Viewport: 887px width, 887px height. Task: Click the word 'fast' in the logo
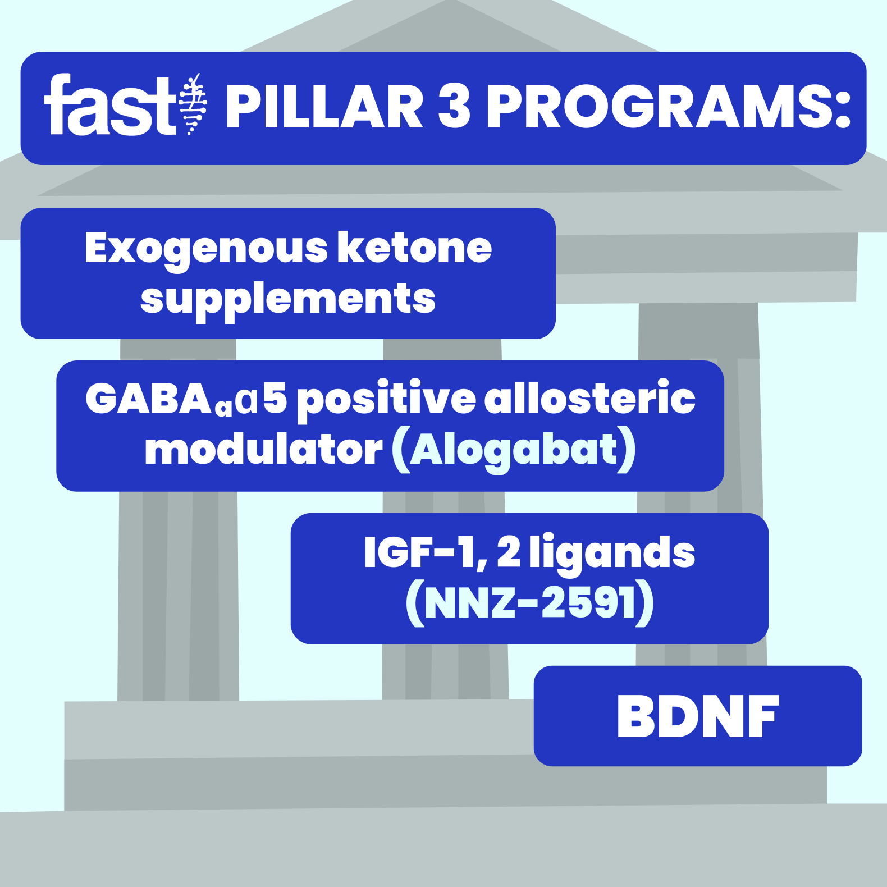click(x=110, y=107)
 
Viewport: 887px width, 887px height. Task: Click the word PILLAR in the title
click(x=324, y=107)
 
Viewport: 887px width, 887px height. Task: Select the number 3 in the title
click(x=454, y=107)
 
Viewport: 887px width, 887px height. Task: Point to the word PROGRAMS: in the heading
click(x=668, y=107)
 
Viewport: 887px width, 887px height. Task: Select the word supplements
click(x=287, y=299)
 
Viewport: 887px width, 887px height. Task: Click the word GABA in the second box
click(x=148, y=399)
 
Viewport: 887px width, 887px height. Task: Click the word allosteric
click(x=589, y=399)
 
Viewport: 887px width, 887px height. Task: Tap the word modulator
click(x=263, y=450)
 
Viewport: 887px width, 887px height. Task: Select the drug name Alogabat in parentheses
click(x=514, y=450)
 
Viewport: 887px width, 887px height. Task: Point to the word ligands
click(x=612, y=554)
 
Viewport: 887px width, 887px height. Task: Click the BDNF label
click(x=698, y=716)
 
